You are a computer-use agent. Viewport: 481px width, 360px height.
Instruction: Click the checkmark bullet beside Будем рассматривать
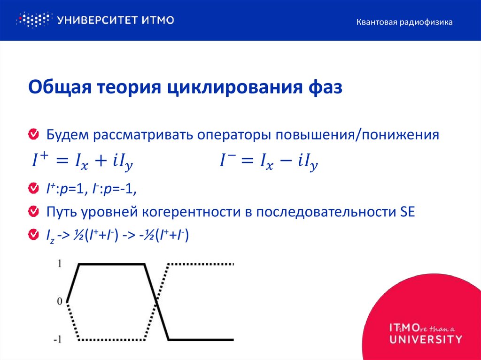click(x=33, y=135)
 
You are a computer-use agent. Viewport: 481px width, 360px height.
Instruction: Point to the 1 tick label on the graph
click(x=59, y=264)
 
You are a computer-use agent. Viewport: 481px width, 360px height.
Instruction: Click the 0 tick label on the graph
click(x=59, y=301)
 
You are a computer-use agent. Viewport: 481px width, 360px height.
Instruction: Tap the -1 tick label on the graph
click(x=57, y=339)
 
